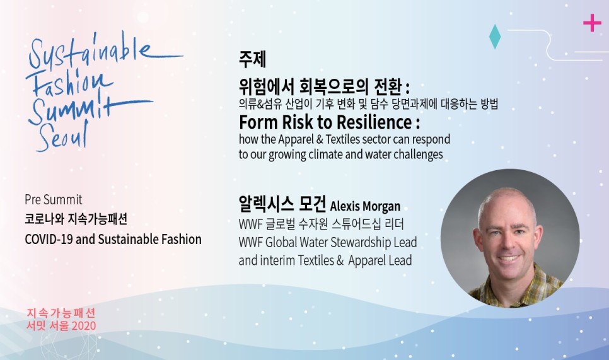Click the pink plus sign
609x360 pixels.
(592, 23)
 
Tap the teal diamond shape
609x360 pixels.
(495, 37)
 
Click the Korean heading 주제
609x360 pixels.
(252, 59)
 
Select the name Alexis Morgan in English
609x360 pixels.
(365, 206)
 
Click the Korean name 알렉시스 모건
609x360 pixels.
(282, 204)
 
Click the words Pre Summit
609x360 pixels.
(54, 200)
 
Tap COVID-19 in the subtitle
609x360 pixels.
(49, 239)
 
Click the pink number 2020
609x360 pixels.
(84, 325)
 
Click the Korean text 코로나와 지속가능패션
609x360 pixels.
(76, 219)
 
